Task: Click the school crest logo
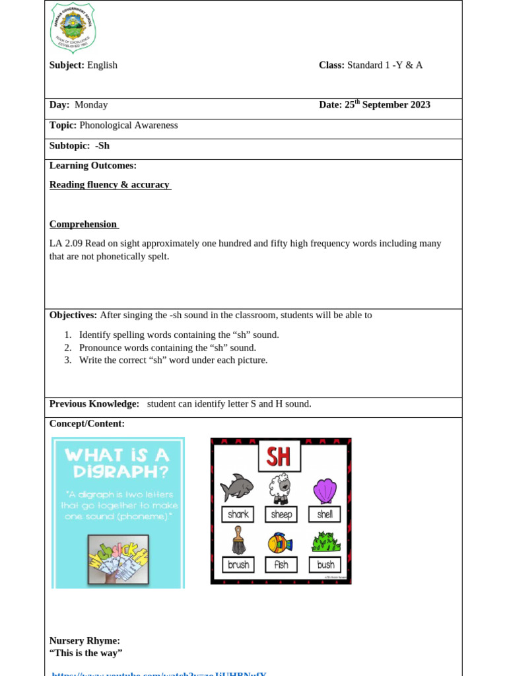pos(73,28)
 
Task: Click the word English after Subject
pos(102,65)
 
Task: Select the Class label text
pos(331,65)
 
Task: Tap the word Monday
pos(91,105)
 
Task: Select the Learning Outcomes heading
pos(93,166)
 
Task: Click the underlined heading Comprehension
pos(83,224)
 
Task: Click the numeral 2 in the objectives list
pos(67,348)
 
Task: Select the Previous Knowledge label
pos(94,404)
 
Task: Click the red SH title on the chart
pos(279,456)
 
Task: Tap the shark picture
pos(236,488)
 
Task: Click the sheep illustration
pos(280,489)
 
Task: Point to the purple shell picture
pos(324,490)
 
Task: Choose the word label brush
pos(238,565)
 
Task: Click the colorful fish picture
pos(280,543)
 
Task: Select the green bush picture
pos(325,541)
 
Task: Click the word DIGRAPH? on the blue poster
pos(118,473)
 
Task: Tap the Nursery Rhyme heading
pos(84,641)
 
